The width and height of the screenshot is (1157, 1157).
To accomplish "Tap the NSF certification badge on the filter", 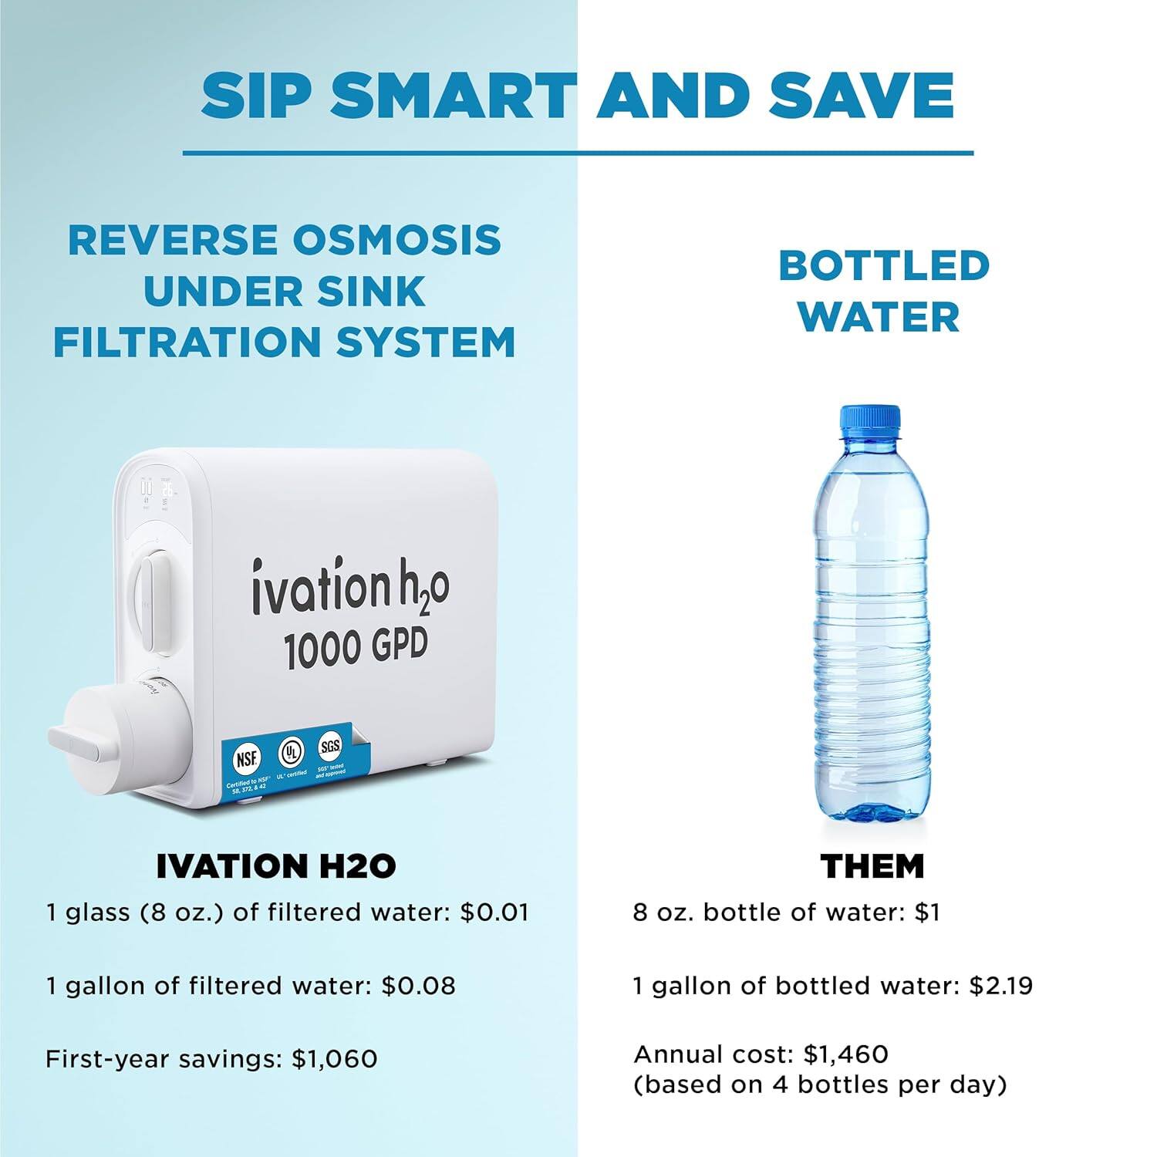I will [247, 758].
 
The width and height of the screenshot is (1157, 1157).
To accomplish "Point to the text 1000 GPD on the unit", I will [356, 649].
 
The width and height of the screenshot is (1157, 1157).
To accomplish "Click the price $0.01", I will [494, 912].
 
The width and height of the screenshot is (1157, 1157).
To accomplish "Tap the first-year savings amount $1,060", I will [334, 1059].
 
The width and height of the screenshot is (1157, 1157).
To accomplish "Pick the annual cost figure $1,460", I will [846, 1054].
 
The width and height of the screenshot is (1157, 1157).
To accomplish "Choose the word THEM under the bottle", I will [872, 867].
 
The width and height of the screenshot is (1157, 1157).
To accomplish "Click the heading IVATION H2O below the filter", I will [276, 867].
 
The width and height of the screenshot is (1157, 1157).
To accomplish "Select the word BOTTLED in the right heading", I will [883, 265].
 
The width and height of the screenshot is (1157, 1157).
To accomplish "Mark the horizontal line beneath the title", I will [578, 153].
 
